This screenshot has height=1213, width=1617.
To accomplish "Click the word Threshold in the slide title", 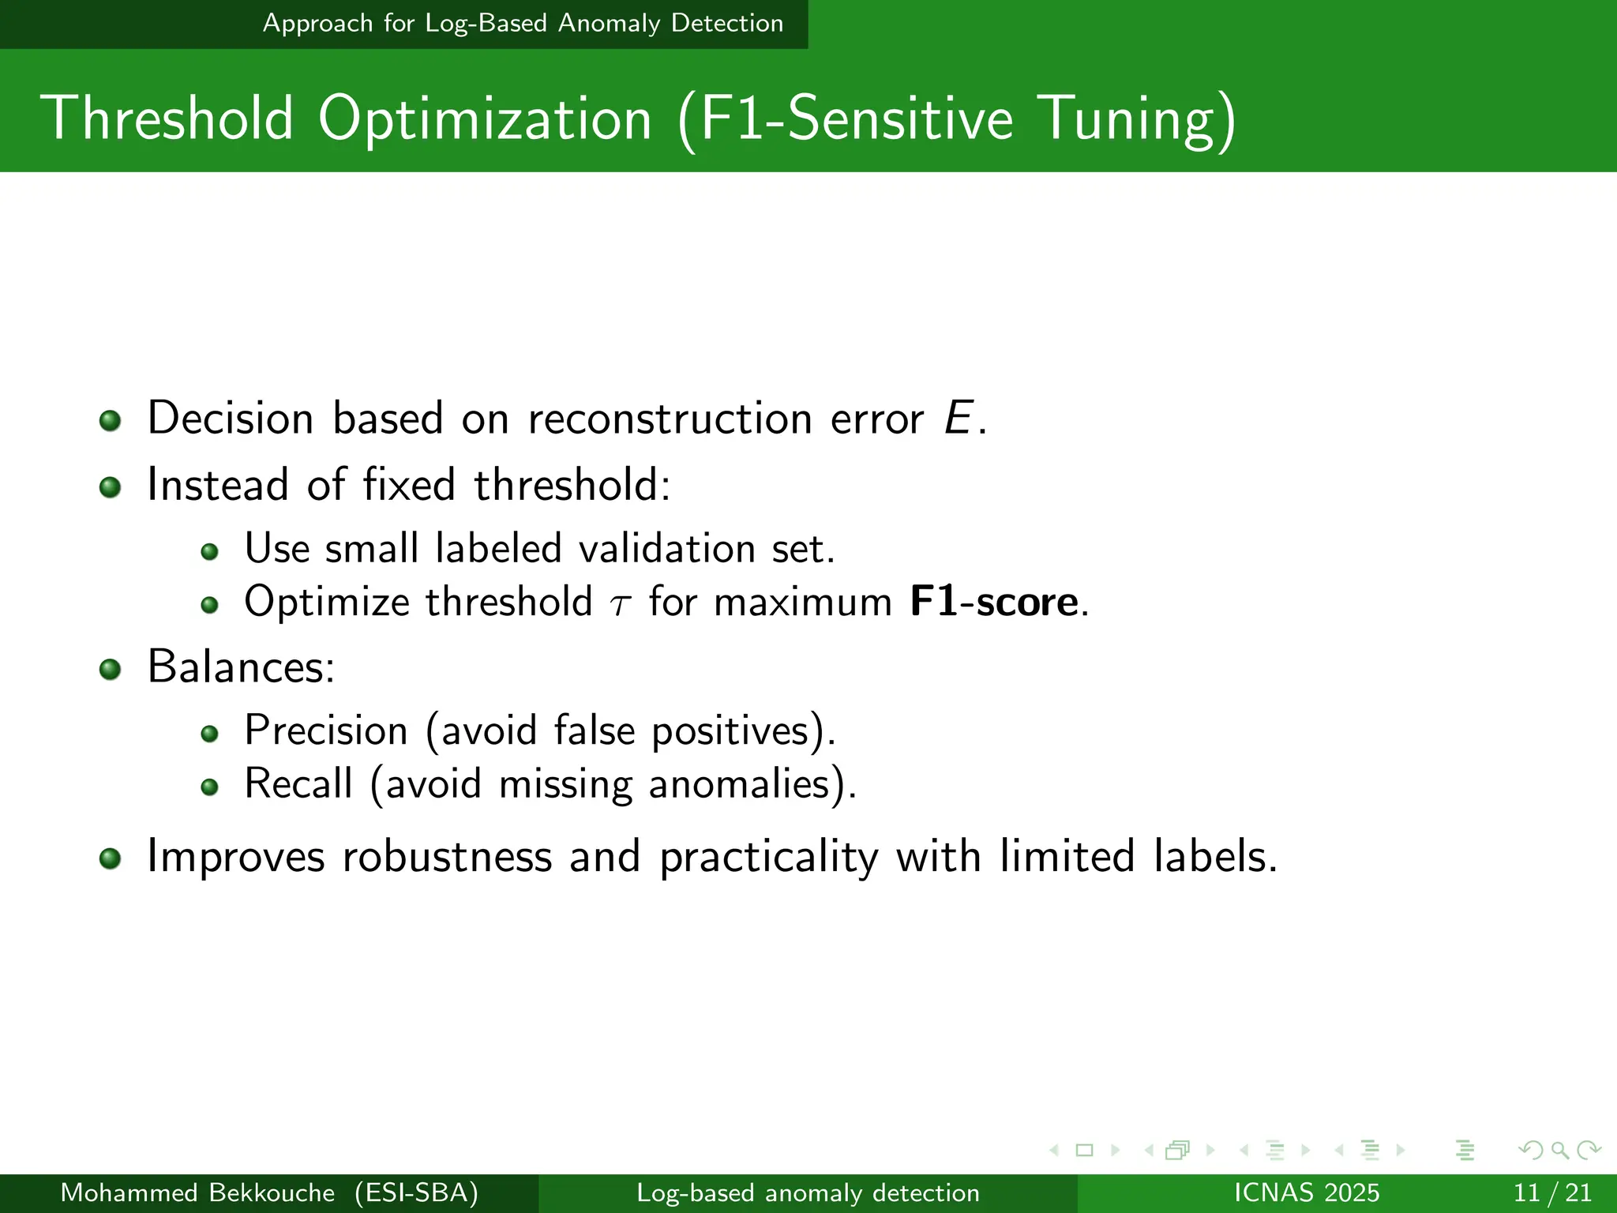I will click(x=167, y=118).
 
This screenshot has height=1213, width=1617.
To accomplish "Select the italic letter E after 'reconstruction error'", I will click(x=957, y=418).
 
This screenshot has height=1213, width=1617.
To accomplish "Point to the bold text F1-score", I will click(x=993, y=602).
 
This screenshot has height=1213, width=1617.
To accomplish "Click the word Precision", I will click(x=325, y=730).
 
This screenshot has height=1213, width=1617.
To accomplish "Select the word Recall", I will click(x=298, y=783).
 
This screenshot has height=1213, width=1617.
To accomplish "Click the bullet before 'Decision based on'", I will click(x=110, y=420).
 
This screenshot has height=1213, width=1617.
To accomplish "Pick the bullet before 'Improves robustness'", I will click(x=110, y=858).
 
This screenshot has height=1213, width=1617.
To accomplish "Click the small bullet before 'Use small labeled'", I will click(x=209, y=551).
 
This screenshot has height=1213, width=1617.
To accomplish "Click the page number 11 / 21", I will click(x=1552, y=1192).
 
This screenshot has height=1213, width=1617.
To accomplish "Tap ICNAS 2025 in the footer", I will click(x=1306, y=1192).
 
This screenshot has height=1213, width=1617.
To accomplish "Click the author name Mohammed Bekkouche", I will click(x=197, y=1192).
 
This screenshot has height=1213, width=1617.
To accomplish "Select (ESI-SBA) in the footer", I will click(x=416, y=1192).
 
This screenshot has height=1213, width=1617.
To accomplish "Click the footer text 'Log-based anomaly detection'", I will click(x=808, y=1192).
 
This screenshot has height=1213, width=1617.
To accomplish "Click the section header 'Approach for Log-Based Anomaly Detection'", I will click(x=523, y=24).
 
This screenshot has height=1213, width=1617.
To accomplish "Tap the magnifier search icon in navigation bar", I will click(x=1559, y=1150).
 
